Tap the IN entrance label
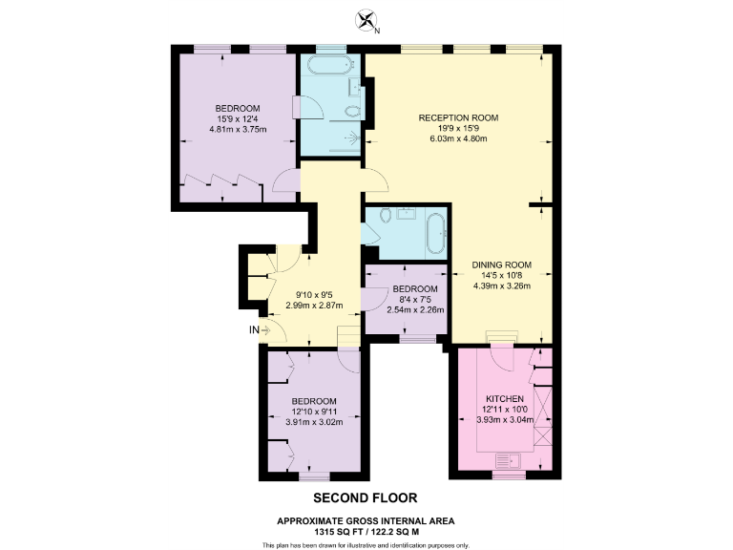[254, 330]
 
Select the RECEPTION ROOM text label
[458, 117]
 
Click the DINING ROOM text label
[501, 264]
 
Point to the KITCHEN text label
[505, 399]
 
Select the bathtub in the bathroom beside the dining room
[434, 233]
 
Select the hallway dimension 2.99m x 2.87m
[313, 306]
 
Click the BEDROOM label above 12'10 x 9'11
[314, 400]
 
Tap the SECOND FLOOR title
[366, 498]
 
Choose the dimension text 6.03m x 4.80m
[458, 139]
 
